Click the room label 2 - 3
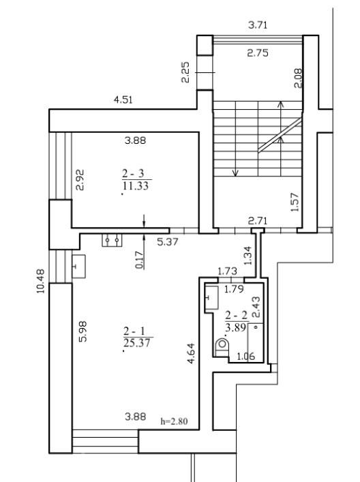[133, 174]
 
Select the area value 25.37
[137, 342]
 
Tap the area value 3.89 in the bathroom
[235, 327]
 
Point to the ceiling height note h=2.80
[174, 421]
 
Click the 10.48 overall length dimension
[41, 282]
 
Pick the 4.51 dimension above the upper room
[123, 100]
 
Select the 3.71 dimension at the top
[258, 25]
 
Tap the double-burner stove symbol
[112, 240]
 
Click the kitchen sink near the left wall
[78, 266]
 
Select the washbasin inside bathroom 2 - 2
[212, 297]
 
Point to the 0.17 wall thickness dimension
[140, 260]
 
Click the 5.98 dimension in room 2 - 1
[83, 332]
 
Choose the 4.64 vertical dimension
[191, 354]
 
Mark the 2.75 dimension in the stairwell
[258, 53]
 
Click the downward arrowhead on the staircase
[235, 173]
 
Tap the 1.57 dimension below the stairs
[295, 202]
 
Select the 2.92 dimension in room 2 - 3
[80, 180]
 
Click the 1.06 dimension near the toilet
[246, 357]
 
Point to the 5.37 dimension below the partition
[168, 242]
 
